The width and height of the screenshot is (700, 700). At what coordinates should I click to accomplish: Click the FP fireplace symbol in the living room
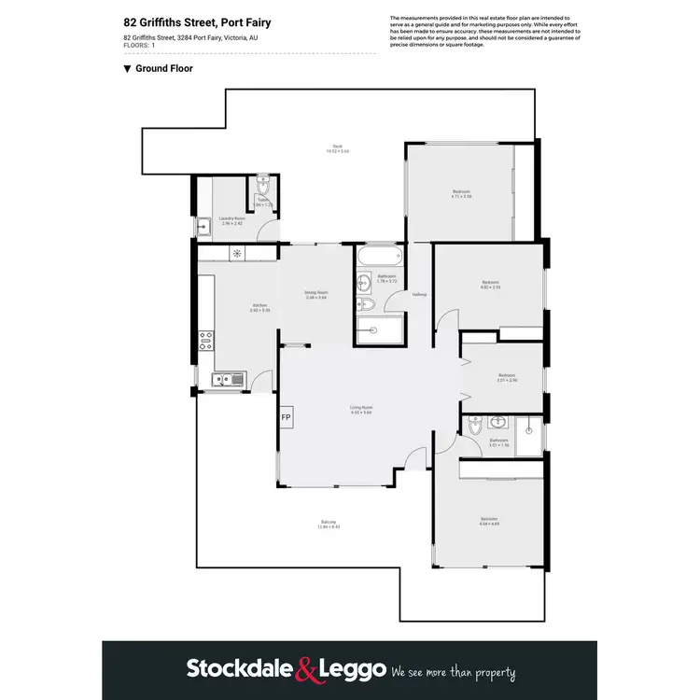(286, 417)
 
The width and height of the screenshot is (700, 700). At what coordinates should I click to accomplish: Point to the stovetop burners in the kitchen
(205, 342)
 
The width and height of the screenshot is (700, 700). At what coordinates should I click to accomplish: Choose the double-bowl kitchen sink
(225, 379)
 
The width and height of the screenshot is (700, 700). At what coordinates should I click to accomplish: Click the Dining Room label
(316, 295)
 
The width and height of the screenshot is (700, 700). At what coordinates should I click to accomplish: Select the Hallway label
(419, 295)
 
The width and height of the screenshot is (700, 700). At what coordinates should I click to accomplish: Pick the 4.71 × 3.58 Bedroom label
(461, 194)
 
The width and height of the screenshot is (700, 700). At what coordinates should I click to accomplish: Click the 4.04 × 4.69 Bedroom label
(489, 521)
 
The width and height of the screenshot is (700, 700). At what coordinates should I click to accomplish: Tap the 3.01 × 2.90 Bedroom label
(507, 378)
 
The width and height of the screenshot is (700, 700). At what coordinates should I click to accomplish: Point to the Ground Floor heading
(163, 68)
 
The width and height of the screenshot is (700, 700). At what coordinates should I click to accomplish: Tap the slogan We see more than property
(454, 671)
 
